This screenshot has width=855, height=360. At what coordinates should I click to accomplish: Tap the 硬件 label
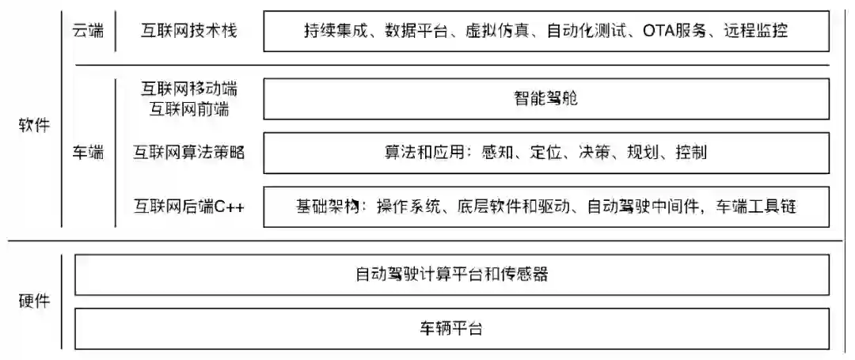34,301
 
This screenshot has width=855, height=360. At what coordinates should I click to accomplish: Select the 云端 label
87,31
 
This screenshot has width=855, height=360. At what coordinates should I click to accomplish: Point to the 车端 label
87,153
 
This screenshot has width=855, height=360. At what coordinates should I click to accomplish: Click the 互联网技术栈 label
188,31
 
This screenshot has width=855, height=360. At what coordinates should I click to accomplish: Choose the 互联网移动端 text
188,89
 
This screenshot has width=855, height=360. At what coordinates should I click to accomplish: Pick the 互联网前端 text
188,109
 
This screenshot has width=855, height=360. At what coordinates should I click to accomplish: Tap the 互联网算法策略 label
188,153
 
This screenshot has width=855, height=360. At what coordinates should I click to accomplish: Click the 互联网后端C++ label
188,207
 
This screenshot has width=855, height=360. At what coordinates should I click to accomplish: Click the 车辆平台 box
452,328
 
